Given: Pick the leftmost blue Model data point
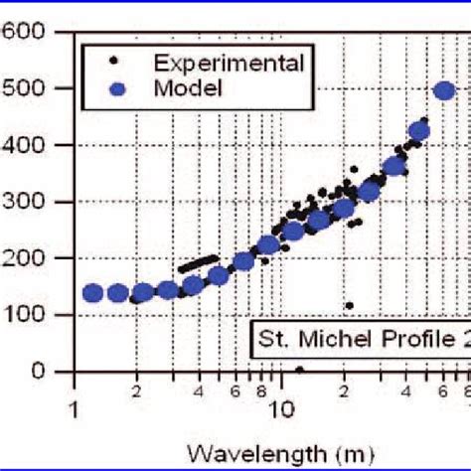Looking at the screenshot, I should click(x=92, y=293).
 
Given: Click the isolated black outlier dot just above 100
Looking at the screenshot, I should click(x=349, y=305).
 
